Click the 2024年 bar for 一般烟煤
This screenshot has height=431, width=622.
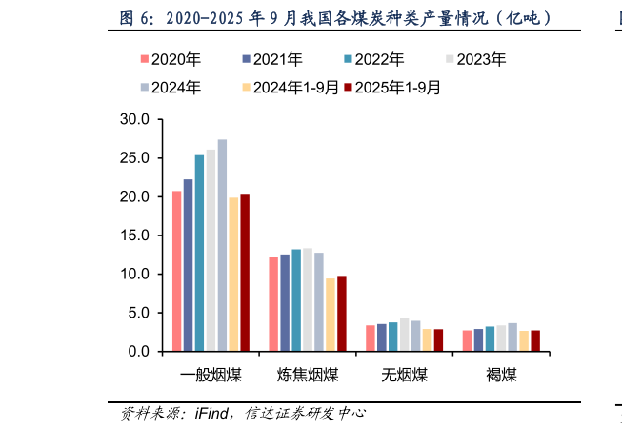222,245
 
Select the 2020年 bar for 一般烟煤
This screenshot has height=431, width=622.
176,271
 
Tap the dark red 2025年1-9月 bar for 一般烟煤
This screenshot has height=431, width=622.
245,272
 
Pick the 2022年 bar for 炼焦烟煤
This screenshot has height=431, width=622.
296,299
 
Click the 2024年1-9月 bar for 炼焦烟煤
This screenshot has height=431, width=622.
331,314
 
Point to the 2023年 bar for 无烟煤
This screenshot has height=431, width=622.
404,334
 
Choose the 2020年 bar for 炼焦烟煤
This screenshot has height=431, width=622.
273,303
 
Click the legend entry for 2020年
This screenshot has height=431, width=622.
170,58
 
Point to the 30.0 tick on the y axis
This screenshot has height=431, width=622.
135,119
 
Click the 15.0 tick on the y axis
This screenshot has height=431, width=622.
135,236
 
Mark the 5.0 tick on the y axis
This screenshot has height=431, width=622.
139,313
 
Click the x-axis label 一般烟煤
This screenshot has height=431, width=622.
211,374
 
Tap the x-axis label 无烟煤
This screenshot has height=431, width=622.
404,374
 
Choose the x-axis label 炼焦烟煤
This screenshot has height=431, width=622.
308,374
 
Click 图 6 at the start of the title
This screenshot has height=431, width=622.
133,18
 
